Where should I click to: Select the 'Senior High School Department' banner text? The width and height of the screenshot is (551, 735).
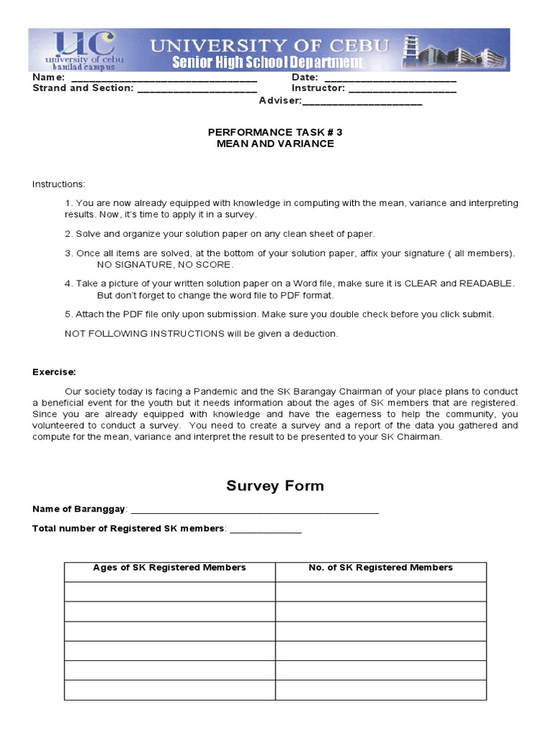point(267,62)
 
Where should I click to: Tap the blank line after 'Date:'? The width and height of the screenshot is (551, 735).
point(390,79)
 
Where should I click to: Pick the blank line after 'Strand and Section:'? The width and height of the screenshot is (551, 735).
point(197,90)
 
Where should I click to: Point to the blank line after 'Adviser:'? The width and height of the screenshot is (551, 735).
point(362,102)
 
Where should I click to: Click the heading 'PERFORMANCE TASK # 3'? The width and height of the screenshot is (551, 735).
point(275,132)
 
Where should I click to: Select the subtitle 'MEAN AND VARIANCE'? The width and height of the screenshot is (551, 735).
point(275,144)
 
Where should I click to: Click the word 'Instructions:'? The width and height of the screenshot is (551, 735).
point(58,184)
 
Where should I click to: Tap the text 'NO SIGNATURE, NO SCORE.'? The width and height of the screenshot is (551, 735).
point(164,264)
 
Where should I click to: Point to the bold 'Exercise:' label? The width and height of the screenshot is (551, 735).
point(54,372)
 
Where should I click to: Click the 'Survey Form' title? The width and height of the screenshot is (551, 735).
point(275,486)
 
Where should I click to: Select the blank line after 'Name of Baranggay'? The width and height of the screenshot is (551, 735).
point(255,511)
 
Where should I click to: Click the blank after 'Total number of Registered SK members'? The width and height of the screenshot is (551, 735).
point(265,530)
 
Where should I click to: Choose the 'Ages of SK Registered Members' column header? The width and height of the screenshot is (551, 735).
point(169,568)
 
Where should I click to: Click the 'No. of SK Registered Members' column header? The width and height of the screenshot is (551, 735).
point(380,568)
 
